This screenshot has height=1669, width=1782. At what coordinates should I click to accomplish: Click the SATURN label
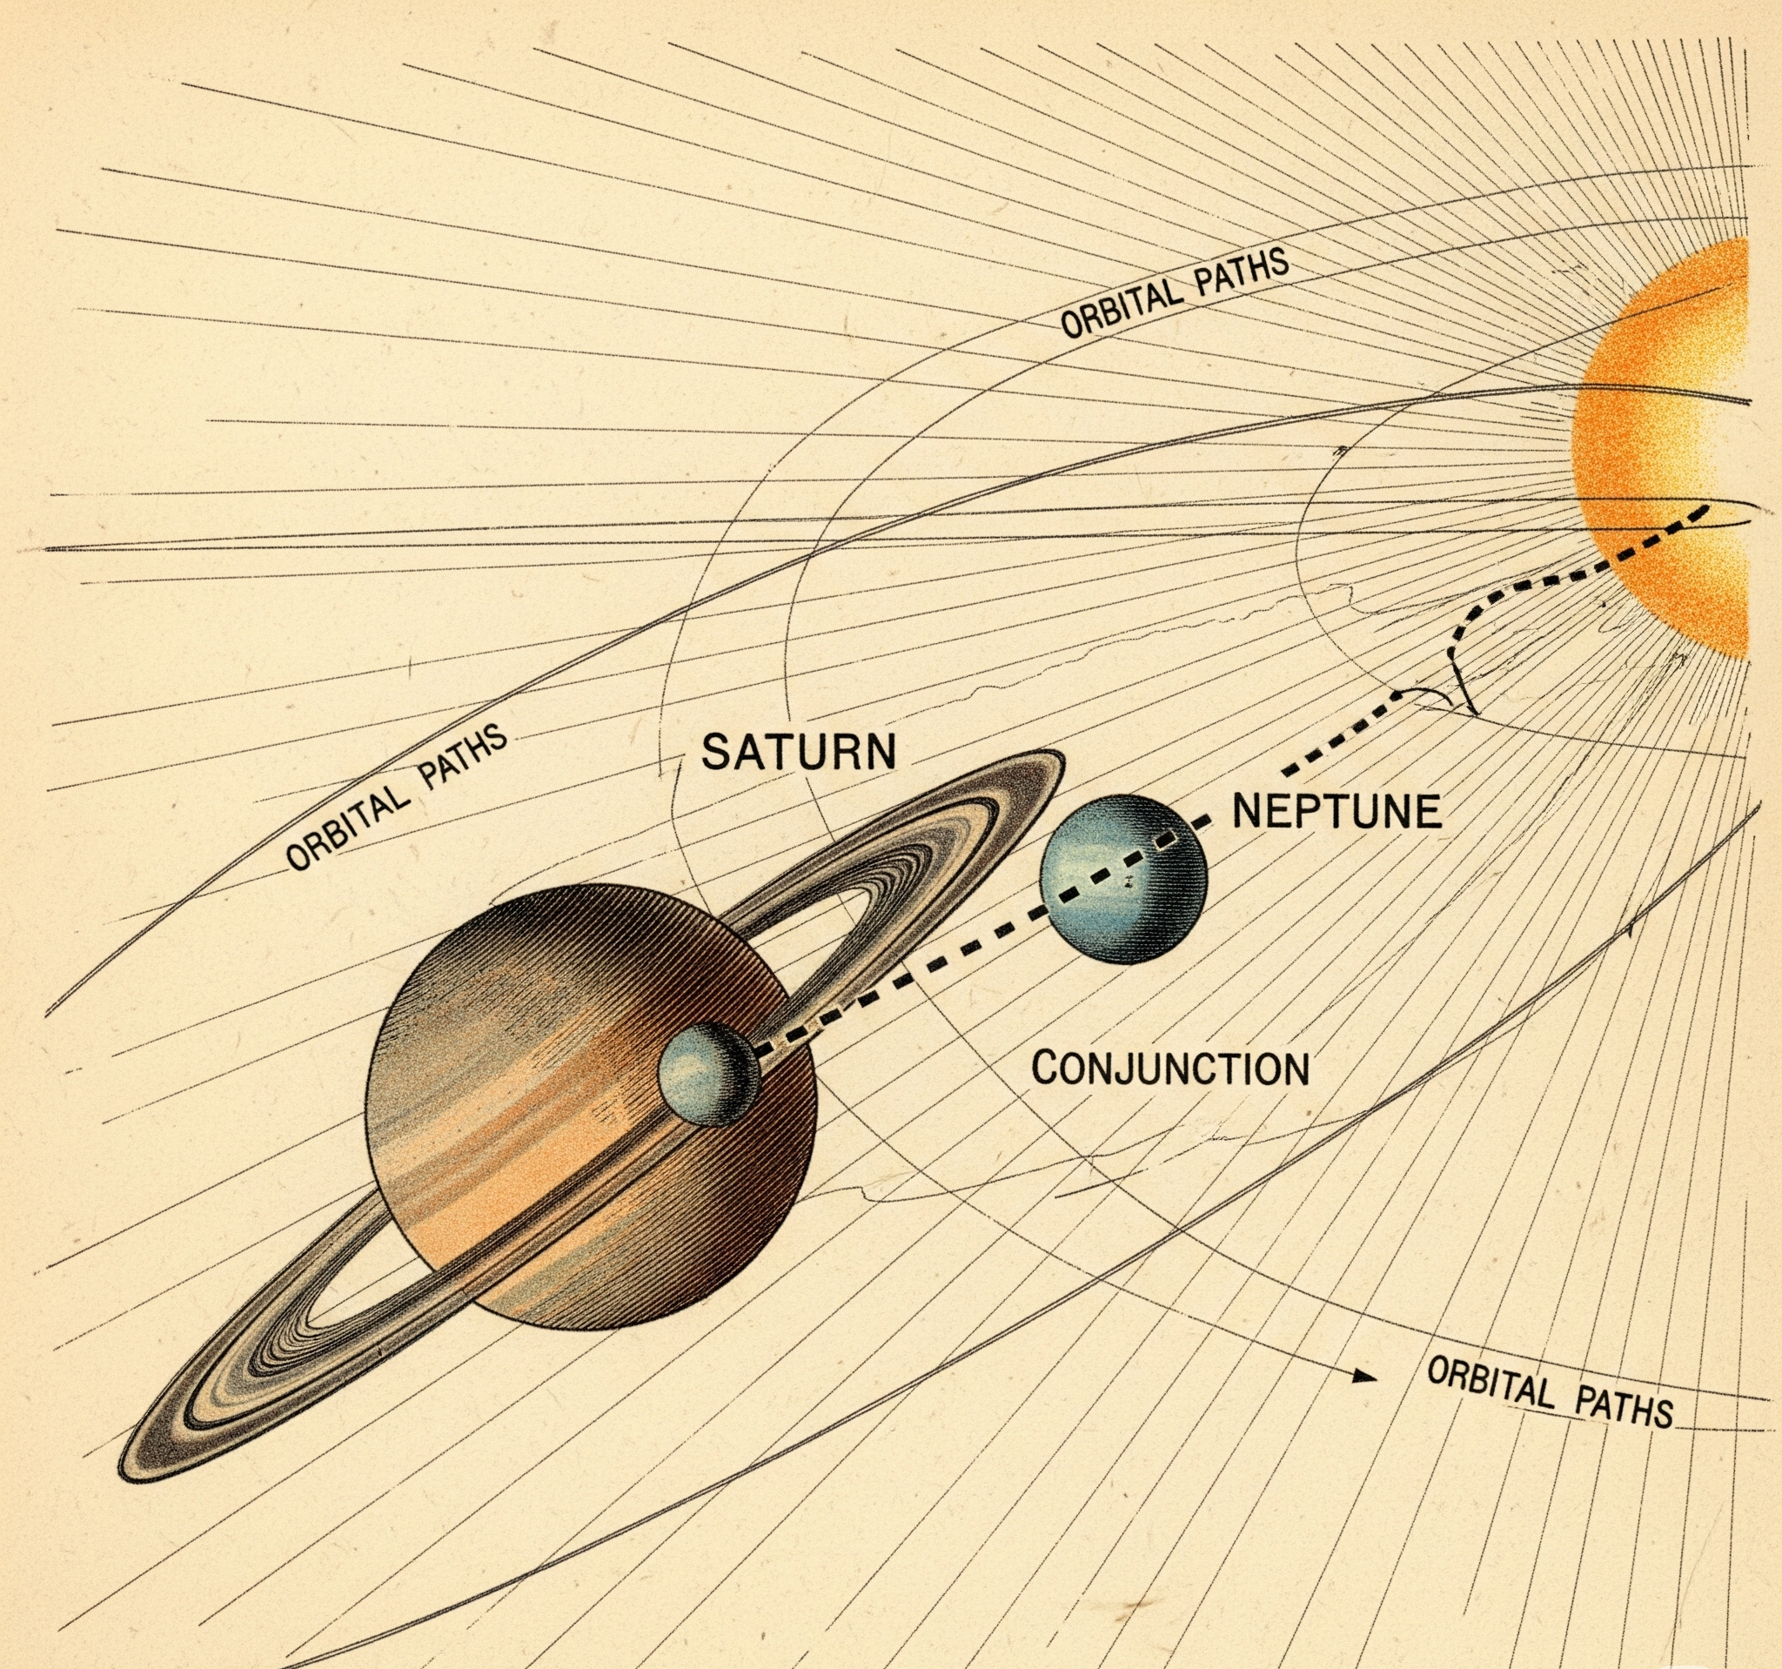(x=798, y=751)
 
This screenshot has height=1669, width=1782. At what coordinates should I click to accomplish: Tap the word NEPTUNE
(x=1337, y=811)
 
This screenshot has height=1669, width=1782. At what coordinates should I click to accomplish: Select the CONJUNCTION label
(x=1169, y=1069)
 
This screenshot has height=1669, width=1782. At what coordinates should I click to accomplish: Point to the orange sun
(x=1676, y=448)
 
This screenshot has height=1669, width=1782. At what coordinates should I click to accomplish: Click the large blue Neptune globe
(x=1123, y=878)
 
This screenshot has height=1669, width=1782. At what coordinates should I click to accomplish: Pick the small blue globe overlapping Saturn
(x=708, y=1073)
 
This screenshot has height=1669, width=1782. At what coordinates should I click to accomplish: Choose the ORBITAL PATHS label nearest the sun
(x=1175, y=292)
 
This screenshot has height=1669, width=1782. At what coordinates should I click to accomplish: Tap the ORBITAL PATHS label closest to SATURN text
(x=397, y=800)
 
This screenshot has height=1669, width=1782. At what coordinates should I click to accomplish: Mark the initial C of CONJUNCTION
(x=1046, y=1069)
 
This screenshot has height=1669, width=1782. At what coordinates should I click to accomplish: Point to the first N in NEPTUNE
(x=1249, y=811)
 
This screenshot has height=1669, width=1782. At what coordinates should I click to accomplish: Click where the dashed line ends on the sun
(x=1705, y=509)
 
